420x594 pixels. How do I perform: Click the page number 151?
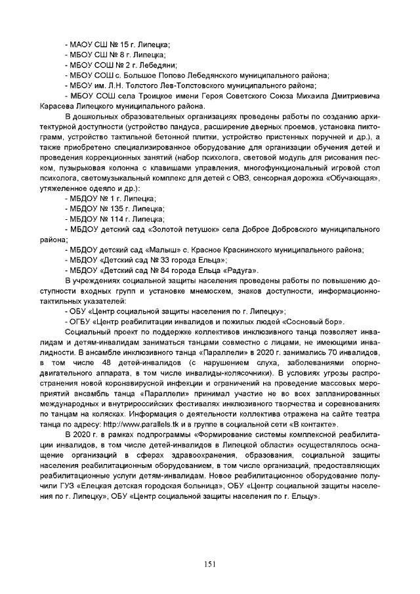(210, 564)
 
